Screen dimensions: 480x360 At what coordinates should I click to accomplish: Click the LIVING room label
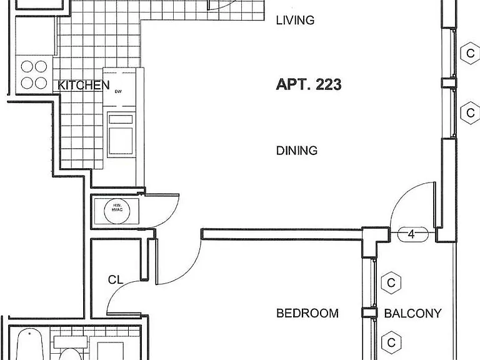click(x=295, y=20)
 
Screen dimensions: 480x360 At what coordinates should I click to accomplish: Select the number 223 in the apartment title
click(x=329, y=84)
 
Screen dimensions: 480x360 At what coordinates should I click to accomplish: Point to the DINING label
click(x=297, y=151)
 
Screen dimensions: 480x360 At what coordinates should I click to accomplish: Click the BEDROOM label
click(x=307, y=313)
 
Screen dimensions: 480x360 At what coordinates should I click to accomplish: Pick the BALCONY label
click(x=412, y=313)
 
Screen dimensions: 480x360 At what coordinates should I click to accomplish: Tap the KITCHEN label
click(x=83, y=85)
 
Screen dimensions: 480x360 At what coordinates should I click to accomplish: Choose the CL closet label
click(x=116, y=279)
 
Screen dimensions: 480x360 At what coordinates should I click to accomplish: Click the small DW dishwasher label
click(x=118, y=91)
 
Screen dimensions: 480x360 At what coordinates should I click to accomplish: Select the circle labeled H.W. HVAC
click(x=117, y=211)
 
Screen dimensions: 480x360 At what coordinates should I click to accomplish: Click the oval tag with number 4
click(x=412, y=234)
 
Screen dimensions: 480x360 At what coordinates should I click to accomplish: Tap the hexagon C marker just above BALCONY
click(x=391, y=283)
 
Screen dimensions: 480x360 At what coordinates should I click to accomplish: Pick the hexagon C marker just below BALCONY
click(x=391, y=342)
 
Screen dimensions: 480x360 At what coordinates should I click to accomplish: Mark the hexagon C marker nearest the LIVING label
click(x=471, y=53)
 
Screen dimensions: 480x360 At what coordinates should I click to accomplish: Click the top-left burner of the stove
click(x=27, y=66)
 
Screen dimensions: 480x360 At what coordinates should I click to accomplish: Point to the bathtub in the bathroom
click(x=30, y=344)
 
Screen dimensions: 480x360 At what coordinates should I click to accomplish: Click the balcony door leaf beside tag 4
click(x=434, y=204)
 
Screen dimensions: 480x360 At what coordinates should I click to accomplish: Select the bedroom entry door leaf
click(x=157, y=261)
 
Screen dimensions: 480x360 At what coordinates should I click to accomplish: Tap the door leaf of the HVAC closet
click(x=162, y=194)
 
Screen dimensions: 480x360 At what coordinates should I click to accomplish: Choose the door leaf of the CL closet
click(x=124, y=314)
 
